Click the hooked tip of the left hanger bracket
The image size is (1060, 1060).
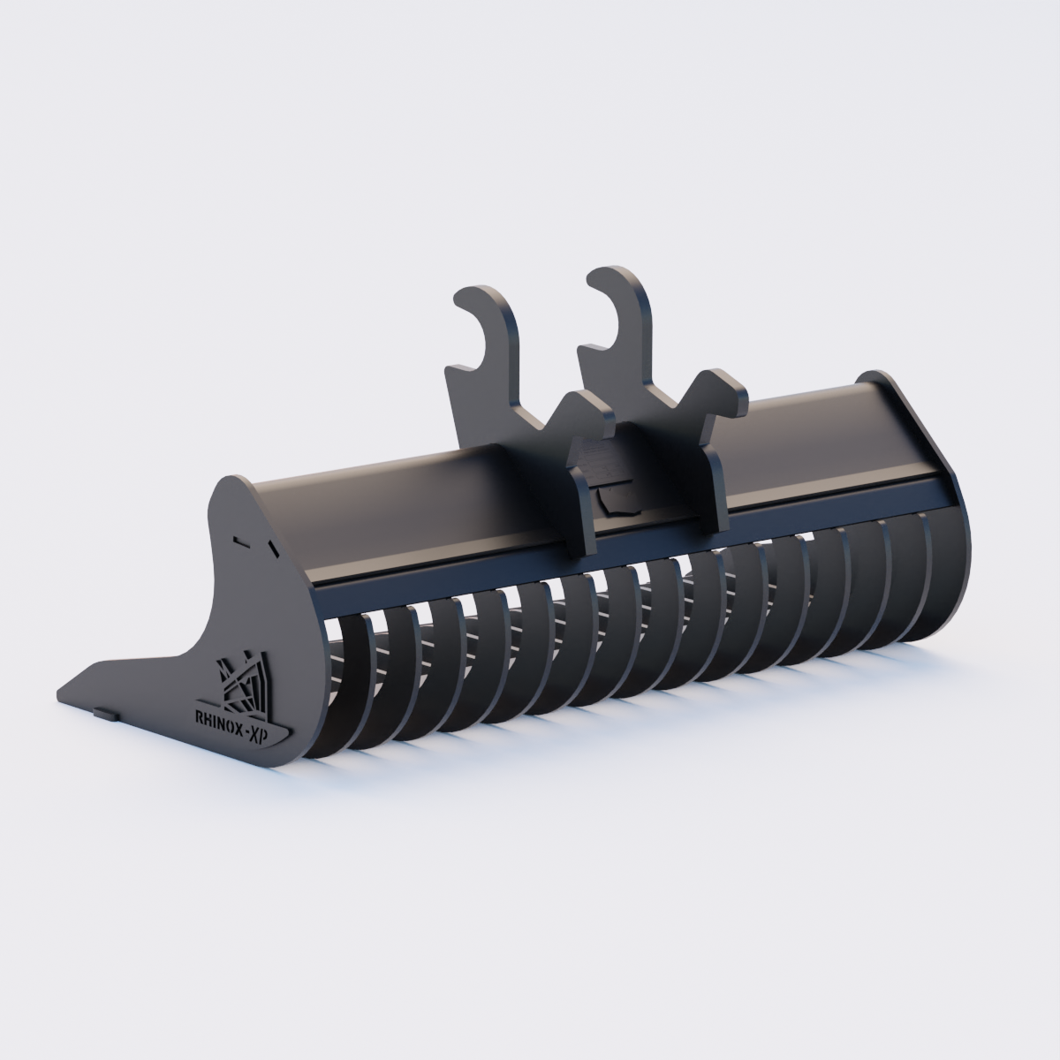(x=462, y=302)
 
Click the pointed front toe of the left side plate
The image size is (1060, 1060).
(x=66, y=693)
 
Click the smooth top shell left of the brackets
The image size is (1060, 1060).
(x=371, y=512)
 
